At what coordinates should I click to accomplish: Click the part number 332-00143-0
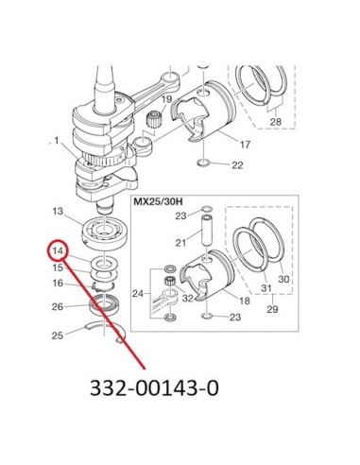[x=154, y=387]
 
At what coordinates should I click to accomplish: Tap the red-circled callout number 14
[x=59, y=250]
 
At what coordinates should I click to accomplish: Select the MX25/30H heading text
[x=159, y=201]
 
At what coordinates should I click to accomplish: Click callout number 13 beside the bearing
[x=58, y=211]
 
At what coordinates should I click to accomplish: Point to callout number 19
[x=167, y=99]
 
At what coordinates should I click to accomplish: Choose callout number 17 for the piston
[x=245, y=145]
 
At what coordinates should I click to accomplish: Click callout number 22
[x=237, y=165]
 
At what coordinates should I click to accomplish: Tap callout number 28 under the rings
[x=276, y=121]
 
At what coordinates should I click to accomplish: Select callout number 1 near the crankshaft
[x=57, y=141]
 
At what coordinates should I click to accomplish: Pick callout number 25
[x=58, y=336]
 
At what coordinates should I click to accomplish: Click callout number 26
[x=58, y=306]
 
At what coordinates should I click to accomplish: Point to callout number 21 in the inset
[x=180, y=243]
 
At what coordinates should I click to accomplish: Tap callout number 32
[x=187, y=298]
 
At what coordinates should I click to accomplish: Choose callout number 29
[x=272, y=309]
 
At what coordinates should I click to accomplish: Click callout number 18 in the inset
[x=245, y=301]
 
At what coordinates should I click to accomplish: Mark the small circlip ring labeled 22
[x=204, y=164]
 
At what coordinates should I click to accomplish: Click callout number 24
[x=138, y=294]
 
